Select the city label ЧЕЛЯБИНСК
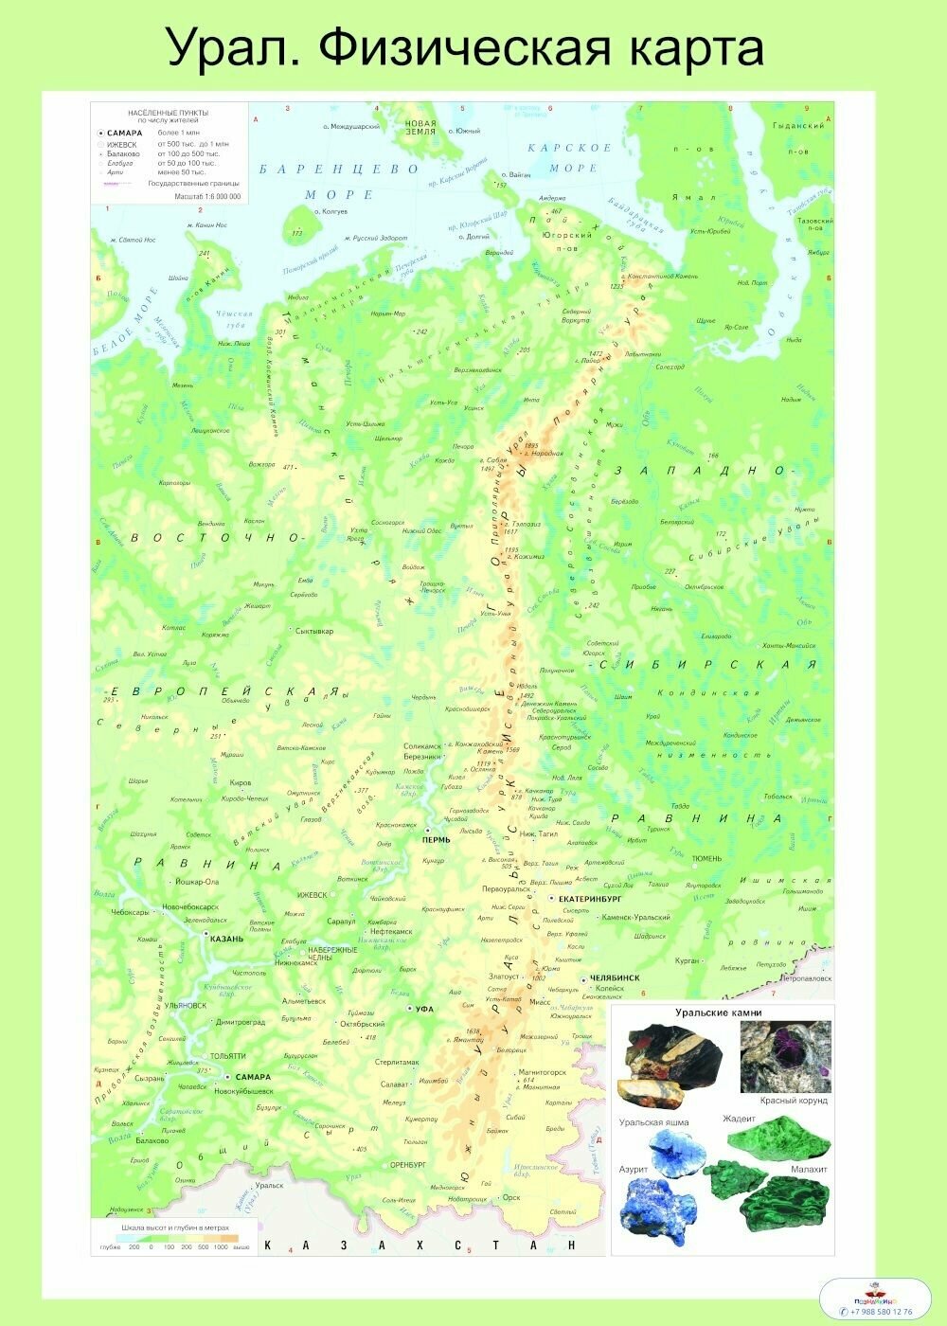tap(615, 977)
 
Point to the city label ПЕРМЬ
tap(437, 840)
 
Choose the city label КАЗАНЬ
tap(226, 939)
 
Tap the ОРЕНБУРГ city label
tap(408, 1164)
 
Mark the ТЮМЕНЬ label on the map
tap(706, 859)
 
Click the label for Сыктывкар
tap(314, 631)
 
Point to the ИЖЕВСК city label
tap(312, 895)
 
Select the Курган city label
tap(687, 960)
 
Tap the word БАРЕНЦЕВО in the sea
tap(338, 170)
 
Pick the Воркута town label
tap(576, 320)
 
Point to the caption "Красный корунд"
tap(794, 1101)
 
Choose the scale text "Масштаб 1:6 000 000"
tap(207, 197)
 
